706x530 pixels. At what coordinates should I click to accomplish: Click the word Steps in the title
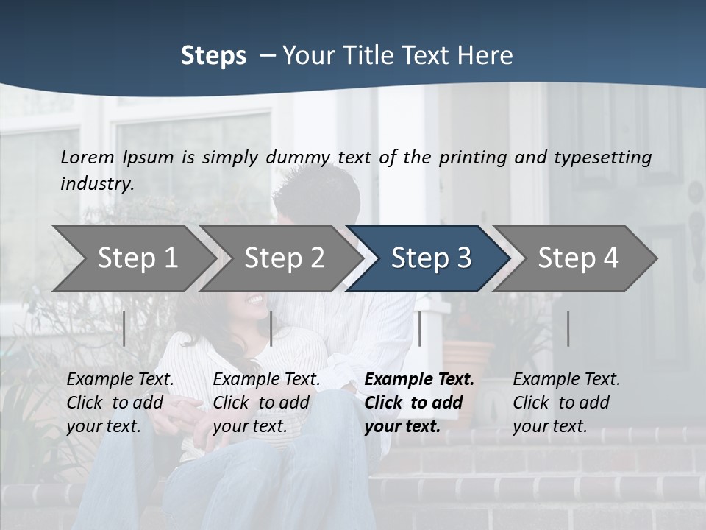213,56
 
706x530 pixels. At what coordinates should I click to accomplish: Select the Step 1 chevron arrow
137,258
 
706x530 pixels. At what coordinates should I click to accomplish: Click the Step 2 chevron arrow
284,258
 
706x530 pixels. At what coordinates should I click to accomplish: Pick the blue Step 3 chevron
431,258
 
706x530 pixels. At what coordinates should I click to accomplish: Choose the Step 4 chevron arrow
578,258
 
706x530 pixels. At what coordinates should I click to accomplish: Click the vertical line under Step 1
124,328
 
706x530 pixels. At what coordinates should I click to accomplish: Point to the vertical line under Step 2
271,328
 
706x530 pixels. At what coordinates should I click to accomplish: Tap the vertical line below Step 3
419,328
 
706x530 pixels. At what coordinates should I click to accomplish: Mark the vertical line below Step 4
568,328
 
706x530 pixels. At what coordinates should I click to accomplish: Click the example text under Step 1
120,403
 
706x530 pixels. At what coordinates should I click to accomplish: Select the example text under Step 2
266,403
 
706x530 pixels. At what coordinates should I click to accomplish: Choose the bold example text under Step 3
419,403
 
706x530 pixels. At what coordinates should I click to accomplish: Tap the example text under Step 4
566,403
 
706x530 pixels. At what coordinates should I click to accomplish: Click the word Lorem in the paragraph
88,158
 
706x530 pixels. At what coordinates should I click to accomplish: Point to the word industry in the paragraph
96,184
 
